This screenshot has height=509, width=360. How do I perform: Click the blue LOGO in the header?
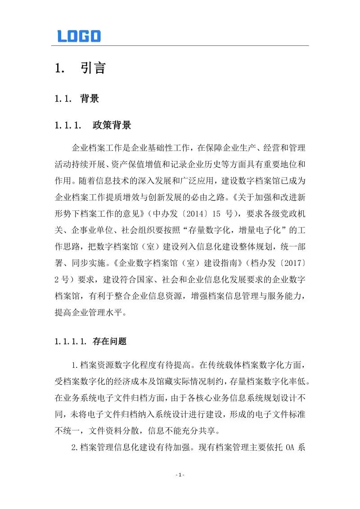[79, 36]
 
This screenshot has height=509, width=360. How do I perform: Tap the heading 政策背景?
[112, 125]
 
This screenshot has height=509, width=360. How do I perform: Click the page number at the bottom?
[180, 475]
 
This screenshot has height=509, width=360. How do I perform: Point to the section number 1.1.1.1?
[71, 342]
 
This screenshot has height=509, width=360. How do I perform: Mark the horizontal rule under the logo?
[180, 45]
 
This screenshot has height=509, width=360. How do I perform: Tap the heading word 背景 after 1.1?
[90, 99]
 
